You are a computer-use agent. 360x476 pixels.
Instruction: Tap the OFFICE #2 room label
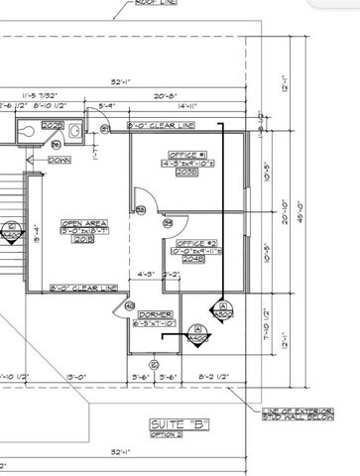tap(196, 243)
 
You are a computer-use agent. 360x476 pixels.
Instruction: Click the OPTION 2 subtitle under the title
tap(166, 435)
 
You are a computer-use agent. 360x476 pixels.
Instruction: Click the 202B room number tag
tap(54, 126)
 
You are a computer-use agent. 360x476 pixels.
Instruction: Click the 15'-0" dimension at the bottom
tap(76, 377)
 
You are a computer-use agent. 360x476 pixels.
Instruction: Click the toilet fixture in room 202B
tap(30, 128)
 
